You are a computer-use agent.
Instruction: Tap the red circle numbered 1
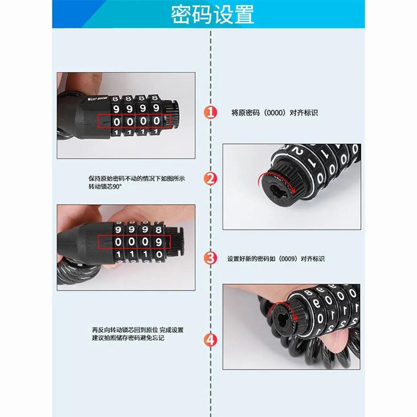click(x=210, y=113)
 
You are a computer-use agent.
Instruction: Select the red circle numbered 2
click(x=210, y=179)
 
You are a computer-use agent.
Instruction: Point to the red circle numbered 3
click(x=210, y=257)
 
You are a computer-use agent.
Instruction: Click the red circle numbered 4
click(x=210, y=340)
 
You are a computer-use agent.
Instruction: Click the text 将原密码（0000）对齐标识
click(x=274, y=113)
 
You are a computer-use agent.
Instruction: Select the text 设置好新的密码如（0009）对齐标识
click(x=276, y=259)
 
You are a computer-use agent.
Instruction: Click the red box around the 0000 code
click(x=134, y=121)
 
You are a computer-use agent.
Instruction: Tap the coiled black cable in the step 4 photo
click(x=271, y=349)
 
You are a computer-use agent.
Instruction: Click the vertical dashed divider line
click(x=210, y=219)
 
